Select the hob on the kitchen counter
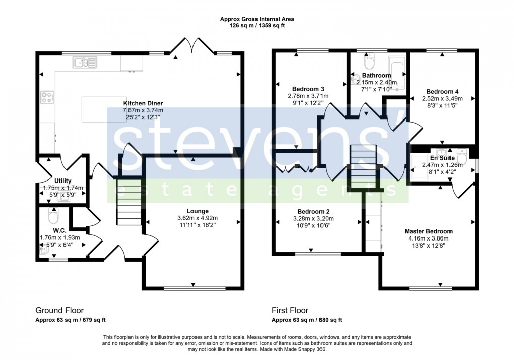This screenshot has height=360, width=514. click(x=47, y=97)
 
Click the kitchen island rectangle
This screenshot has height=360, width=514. click(x=104, y=109)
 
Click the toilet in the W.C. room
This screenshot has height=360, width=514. click(x=52, y=217)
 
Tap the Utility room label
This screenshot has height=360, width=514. click(x=63, y=181)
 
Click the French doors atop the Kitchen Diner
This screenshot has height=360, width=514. click(x=182, y=47)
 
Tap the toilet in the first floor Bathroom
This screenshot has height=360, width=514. click(x=369, y=63)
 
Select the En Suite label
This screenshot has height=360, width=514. click(x=441, y=157)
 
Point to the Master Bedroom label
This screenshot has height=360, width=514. click(x=428, y=232)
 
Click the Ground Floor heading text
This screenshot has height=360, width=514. click(x=59, y=310)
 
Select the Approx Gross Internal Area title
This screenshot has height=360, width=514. click(x=257, y=19)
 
